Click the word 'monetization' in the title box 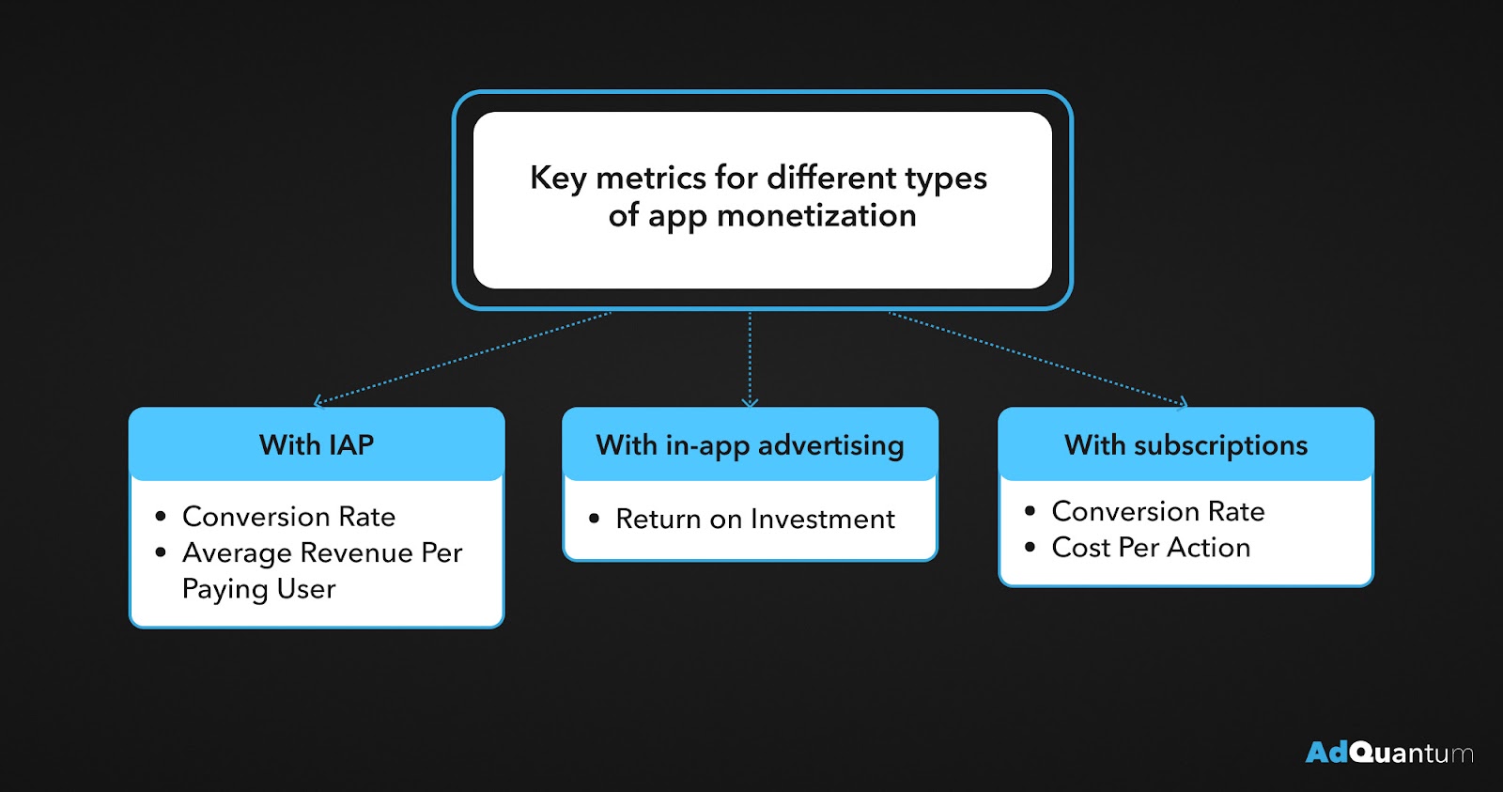(816, 216)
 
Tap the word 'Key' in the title (558, 179)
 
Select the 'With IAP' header (317, 445)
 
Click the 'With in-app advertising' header (751, 446)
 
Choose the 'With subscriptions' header (1186, 445)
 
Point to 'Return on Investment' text (755, 519)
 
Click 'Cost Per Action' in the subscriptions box (1152, 548)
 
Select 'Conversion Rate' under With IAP (289, 517)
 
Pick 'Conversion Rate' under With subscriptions (1158, 511)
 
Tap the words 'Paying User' (259, 589)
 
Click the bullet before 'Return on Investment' (594, 519)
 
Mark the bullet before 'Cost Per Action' (1030, 547)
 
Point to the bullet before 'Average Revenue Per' (161, 552)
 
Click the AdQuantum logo (1389, 753)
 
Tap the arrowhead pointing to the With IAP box (318, 402)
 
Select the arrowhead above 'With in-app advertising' (751, 403)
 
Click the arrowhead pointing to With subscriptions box (1184, 403)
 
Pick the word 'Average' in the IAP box (237, 553)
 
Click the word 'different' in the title (831, 178)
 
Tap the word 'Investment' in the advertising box (823, 519)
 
